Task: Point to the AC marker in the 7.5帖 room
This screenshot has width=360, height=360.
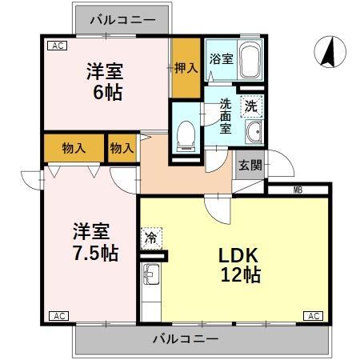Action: [x=58, y=316]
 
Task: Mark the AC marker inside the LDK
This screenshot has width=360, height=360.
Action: [x=314, y=316]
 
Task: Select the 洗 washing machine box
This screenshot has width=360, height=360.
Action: [x=251, y=104]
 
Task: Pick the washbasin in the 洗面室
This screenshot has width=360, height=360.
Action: [x=253, y=134]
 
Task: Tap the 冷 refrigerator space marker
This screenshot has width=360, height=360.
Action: [x=150, y=237]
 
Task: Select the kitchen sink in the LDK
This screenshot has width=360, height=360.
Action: [x=150, y=278]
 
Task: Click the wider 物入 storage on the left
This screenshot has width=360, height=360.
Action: [x=74, y=148]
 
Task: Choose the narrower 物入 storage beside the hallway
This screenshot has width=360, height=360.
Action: [x=122, y=148]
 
